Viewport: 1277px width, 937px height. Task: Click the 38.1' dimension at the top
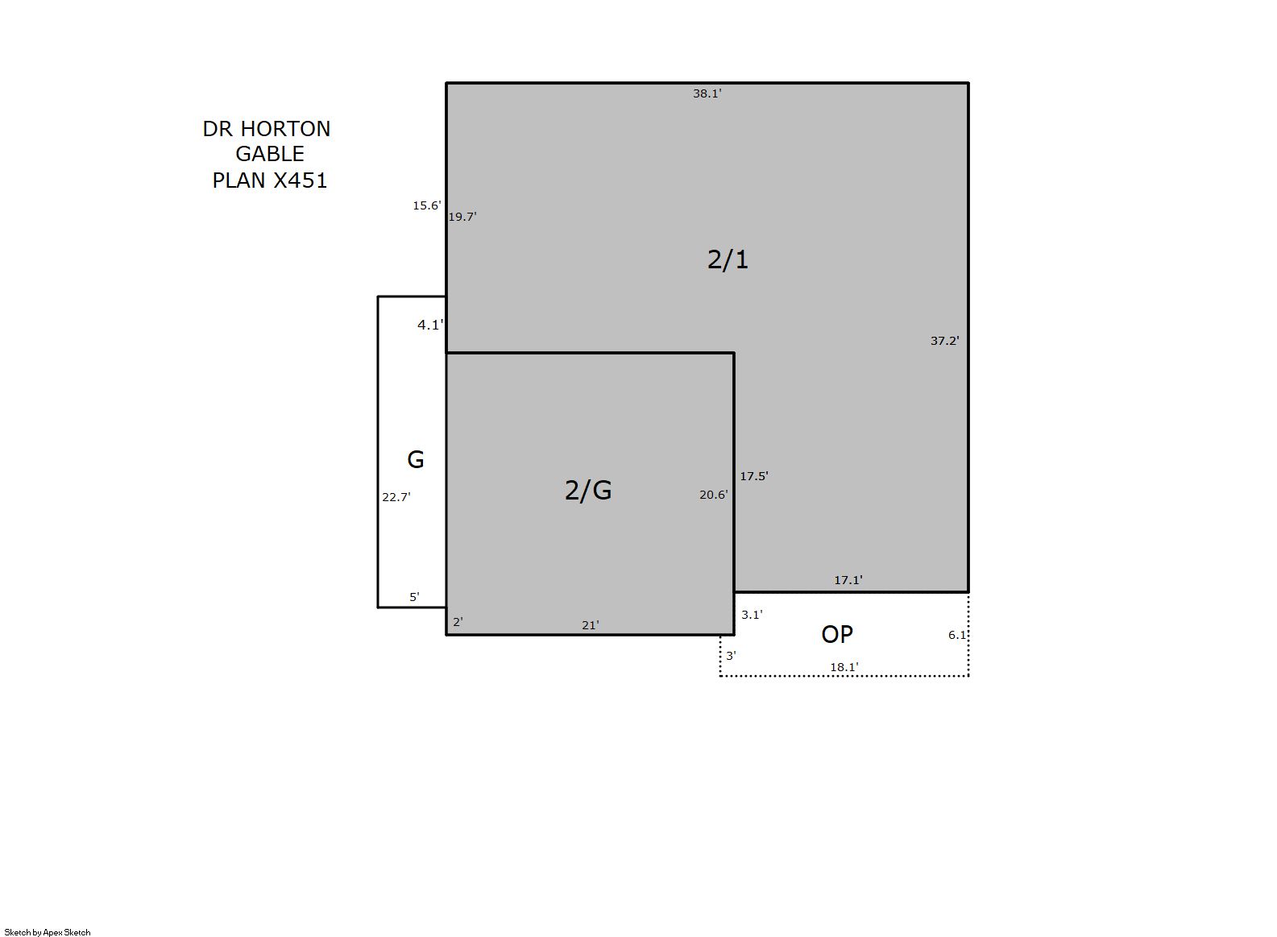707,93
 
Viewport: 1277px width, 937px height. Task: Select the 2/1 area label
728,260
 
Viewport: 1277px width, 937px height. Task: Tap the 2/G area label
588,490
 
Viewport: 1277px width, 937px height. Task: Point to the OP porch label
837,634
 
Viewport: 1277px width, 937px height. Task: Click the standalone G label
416,459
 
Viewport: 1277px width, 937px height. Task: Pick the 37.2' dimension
944,341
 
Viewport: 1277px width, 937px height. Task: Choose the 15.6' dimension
427,205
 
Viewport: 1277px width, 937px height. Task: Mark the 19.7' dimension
462,217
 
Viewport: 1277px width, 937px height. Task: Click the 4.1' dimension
430,325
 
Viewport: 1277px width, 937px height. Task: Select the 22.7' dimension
396,497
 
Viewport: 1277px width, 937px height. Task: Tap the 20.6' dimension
714,495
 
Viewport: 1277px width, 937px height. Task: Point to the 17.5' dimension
754,476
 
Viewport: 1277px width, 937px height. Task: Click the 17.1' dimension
848,580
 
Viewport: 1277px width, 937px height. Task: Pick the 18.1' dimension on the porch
844,667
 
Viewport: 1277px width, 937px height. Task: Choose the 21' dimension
591,625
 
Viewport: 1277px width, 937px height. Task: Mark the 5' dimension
414,597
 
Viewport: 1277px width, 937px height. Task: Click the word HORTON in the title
286,129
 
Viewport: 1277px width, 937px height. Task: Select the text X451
301,180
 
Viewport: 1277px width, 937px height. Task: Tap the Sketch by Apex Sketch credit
48,932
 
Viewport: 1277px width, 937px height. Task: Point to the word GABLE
270,154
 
